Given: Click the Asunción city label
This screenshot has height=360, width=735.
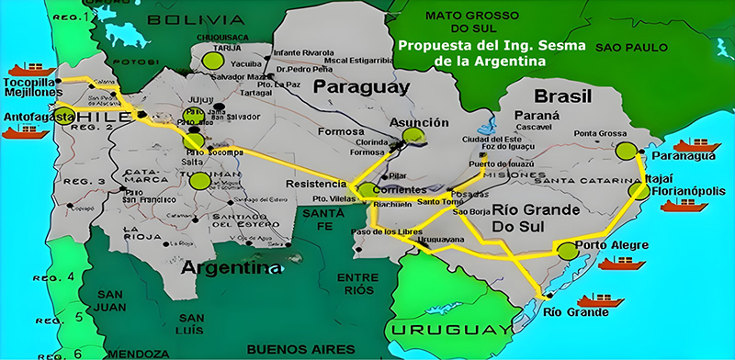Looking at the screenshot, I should click(x=419, y=122).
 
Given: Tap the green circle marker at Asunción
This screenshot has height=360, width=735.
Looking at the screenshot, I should click(x=414, y=136).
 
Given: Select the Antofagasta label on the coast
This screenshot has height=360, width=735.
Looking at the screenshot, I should click(x=39, y=117).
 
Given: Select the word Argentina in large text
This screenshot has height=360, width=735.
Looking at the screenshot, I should click(x=231, y=268).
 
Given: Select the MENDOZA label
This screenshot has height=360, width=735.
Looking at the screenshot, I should click(x=137, y=352).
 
